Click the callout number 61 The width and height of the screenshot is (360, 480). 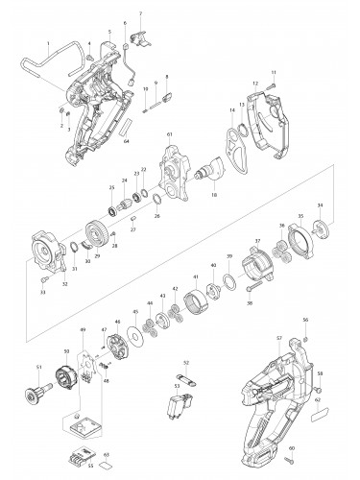point(169,134)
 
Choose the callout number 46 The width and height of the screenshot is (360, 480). point(117,322)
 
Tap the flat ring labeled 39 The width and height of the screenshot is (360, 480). point(230,284)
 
